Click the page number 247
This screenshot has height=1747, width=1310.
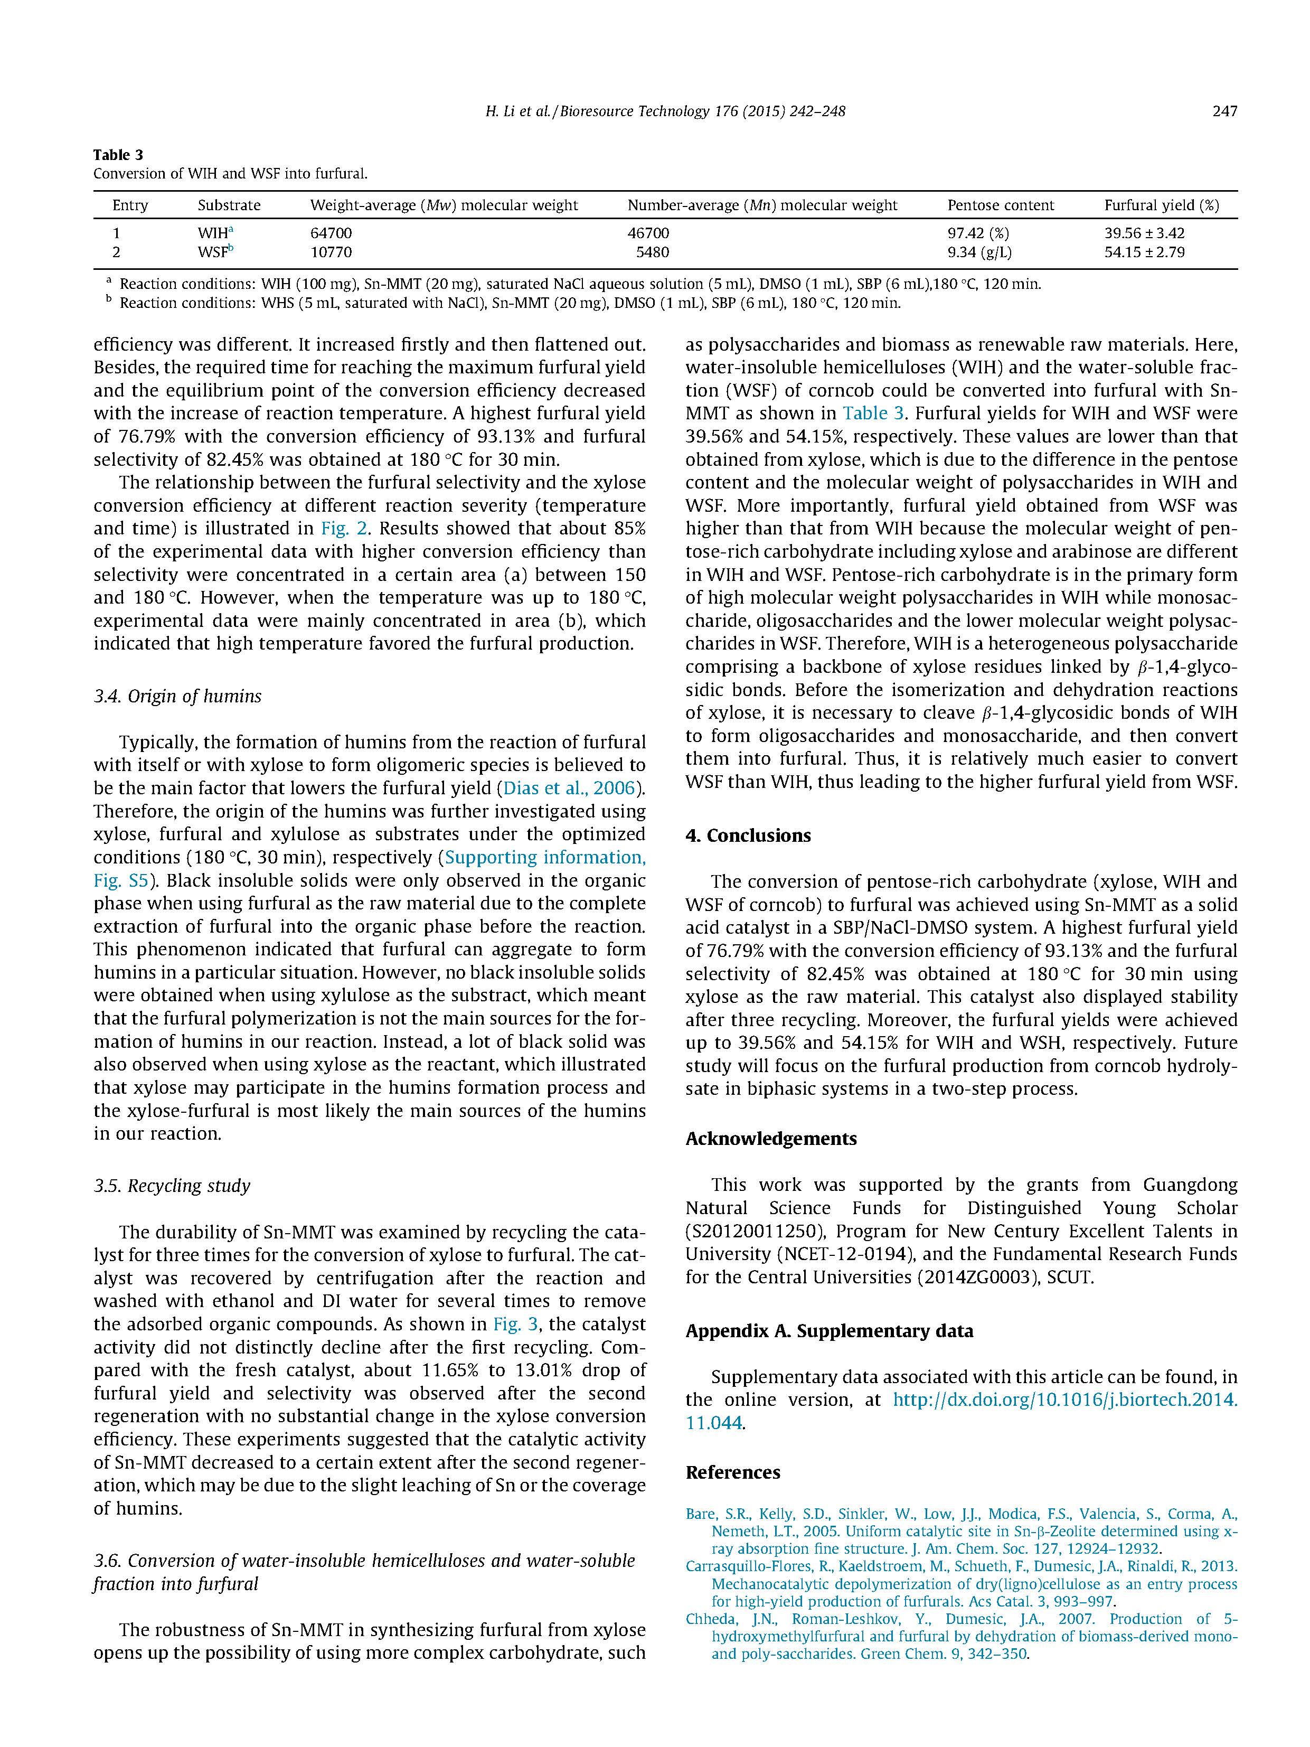tap(1224, 111)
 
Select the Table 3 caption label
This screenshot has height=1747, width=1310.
tap(118, 155)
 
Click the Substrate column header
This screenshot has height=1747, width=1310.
tap(229, 205)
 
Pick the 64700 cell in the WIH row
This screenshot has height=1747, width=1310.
tap(331, 233)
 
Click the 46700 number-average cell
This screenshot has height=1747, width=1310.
tap(648, 233)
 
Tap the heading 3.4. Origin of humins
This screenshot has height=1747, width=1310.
tap(177, 696)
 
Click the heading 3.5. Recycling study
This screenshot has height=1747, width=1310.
tap(172, 1186)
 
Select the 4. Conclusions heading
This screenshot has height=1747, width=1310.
tap(748, 835)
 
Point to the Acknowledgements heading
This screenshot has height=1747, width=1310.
tap(771, 1138)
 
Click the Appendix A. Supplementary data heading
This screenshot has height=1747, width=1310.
tap(829, 1331)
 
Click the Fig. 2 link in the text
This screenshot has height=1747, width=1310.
tap(346, 528)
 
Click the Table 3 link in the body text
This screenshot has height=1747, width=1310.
tap(874, 413)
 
